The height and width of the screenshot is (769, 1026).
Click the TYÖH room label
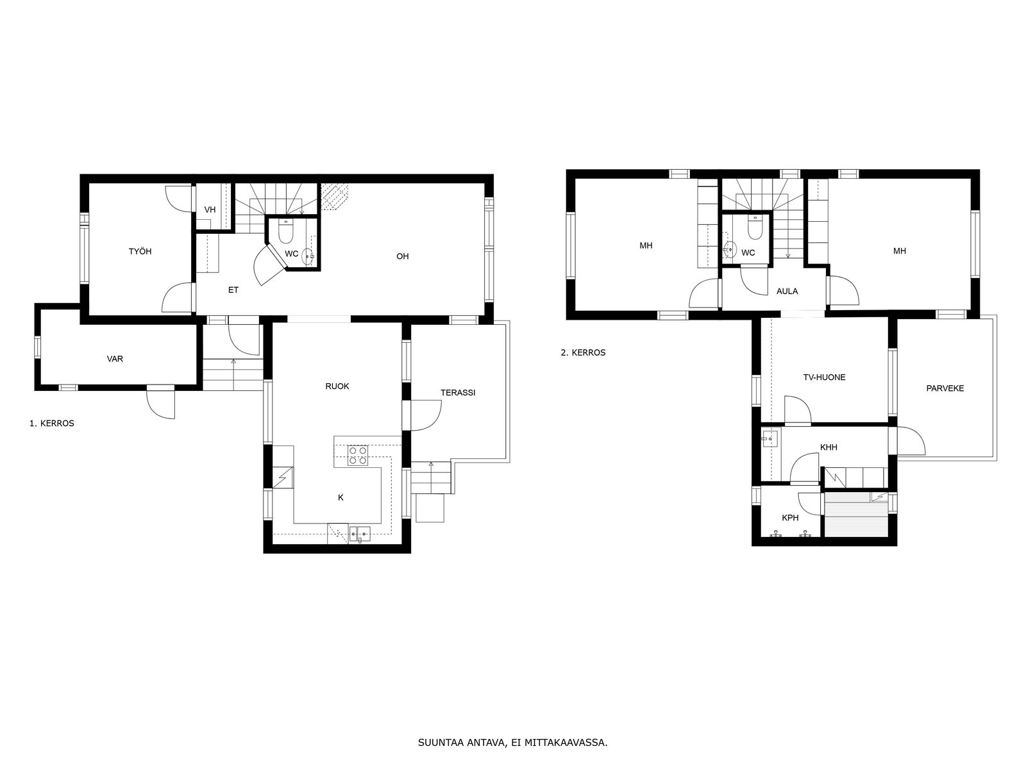coord(140,251)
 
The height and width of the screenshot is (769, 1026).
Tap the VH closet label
coord(210,210)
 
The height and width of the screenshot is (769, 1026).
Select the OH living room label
coord(403,256)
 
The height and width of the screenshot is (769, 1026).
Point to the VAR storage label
coord(115,359)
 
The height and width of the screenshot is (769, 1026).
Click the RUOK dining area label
coord(337,386)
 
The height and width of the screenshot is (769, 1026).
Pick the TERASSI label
coord(458,393)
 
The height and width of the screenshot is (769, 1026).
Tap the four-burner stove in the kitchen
coord(358,455)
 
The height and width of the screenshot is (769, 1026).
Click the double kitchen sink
coord(360,533)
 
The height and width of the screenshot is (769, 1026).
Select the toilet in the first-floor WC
coord(285,231)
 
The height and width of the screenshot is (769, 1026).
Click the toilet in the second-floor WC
coord(755,228)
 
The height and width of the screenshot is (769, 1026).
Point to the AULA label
coord(787,291)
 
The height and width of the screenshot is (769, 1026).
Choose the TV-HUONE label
coord(824,377)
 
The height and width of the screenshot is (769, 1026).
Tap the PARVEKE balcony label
coord(945,388)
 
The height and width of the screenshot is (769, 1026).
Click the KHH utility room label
coord(828,447)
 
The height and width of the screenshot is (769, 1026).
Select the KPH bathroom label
coord(791,518)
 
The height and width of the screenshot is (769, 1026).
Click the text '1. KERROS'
coord(52,424)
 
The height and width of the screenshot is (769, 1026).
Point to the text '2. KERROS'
coord(583,352)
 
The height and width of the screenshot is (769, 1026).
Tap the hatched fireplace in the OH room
coord(334,196)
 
